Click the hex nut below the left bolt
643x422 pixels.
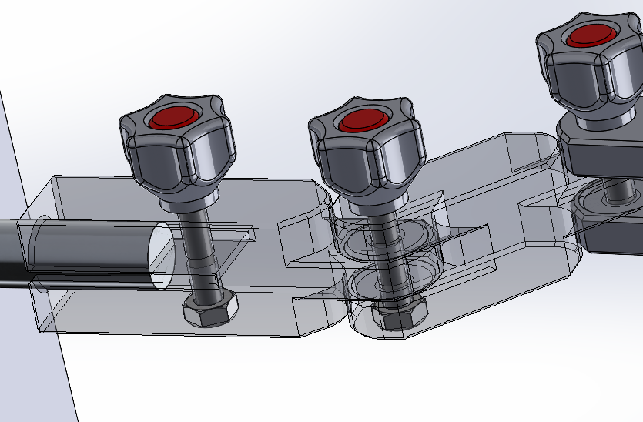[209, 310]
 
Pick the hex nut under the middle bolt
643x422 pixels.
[399, 314]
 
